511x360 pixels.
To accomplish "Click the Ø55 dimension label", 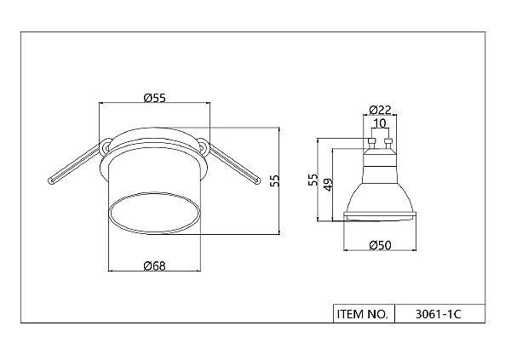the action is click(x=155, y=98).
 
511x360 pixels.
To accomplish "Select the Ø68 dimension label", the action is click(x=155, y=266).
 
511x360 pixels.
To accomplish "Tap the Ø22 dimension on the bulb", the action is click(x=380, y=110).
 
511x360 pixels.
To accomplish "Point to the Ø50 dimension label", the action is click(x=380, y=245).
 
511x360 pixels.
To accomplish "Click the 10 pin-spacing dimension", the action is click(x=380, y=123).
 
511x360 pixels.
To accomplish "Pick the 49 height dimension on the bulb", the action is click(x=328, y=185).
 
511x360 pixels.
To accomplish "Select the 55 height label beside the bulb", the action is click(x=313, y=180).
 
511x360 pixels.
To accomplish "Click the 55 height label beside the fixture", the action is click(x=275, y=180).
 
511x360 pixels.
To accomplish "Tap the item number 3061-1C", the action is click(x=439, y=314).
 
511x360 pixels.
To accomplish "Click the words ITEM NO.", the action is click(x=363, y=314).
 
